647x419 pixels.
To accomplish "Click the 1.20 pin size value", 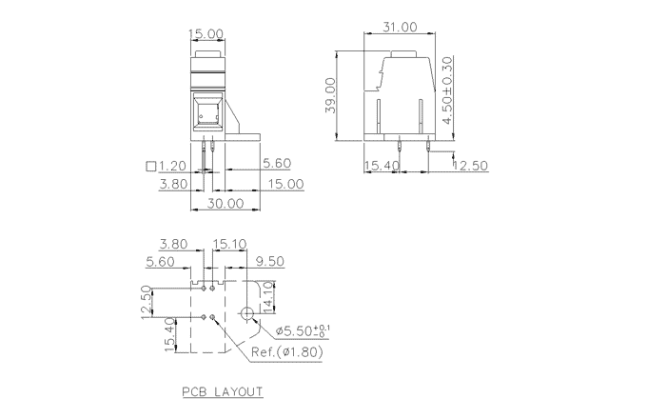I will pyautogui.click(x=174, y=166).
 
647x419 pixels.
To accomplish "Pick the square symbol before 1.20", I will pyautogui.click(x=150, y=166).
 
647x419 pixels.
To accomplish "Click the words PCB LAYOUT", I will pyautogui.click(x=223, y=391).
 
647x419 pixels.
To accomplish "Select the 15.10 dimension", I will pyautogui.click(x=229, y=244).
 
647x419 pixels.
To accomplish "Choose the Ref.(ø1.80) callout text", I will pyautogui.click(x=287, y=352).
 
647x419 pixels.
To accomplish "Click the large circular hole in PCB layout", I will pyautogui.click(x=247, y=312).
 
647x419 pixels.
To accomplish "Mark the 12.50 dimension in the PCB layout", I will pyautogui.click(x=147, y=303).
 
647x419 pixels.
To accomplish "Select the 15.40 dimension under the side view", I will pyautogui.click(x=382, y=166).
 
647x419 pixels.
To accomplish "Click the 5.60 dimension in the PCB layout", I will pyautogui.click(x=161, y=261).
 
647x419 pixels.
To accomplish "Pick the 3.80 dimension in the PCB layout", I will pyautogui.click(x=176, y=244).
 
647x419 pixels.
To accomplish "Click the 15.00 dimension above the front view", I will pyautogui.click(x=206, y=33).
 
